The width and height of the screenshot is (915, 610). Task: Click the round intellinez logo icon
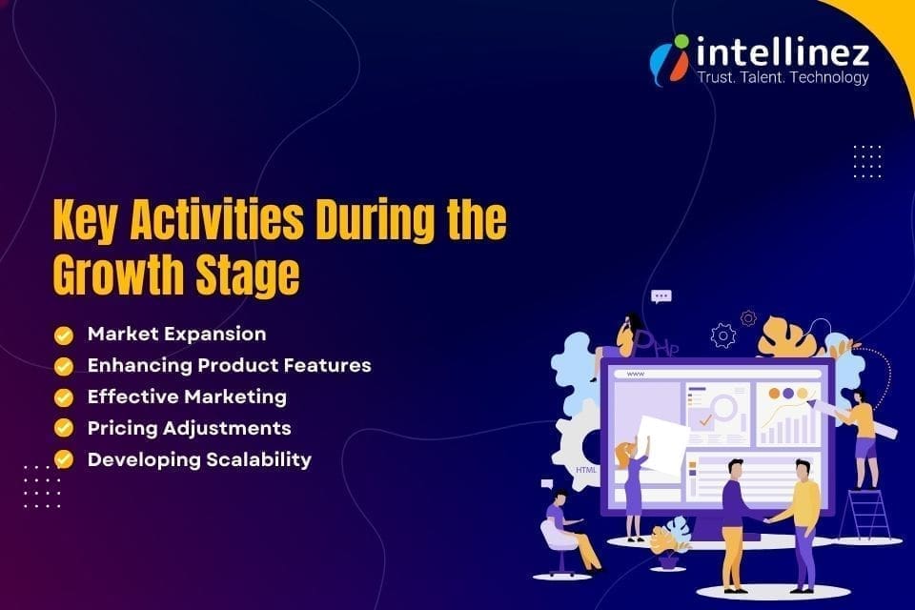669,59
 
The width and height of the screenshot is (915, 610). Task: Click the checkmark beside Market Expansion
64,335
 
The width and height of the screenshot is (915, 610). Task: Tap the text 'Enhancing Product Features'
229,365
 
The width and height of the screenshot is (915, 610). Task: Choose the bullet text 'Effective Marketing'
187,396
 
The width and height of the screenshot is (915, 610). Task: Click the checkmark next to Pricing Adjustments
64,428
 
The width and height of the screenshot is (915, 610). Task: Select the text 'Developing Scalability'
199,459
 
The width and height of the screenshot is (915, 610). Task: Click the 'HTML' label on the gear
585,471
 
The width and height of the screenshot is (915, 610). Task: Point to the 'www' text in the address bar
635,374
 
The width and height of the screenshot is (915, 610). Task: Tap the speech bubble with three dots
661,297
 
